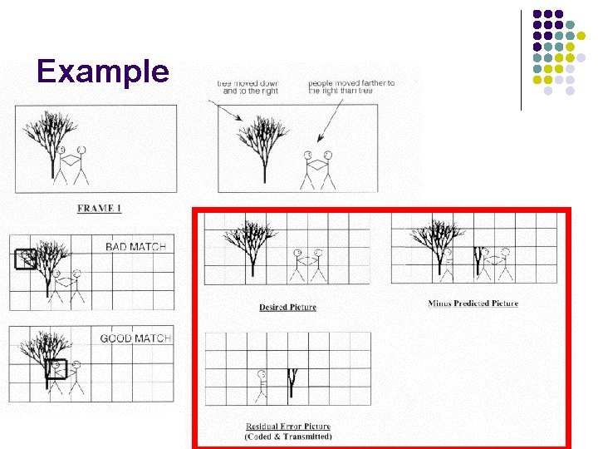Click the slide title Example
pos(103,72)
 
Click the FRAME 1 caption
pos(99,208)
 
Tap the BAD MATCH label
pos(135,246)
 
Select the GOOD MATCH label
pos(135,338)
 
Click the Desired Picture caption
pos(287,308)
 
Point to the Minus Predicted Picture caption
pos(473,303)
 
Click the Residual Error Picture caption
pos(288,427)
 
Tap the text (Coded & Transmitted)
pos(288,437)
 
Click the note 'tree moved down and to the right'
pos(248,86)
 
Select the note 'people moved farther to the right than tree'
pos(351,86)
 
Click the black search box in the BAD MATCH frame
pos(26,259)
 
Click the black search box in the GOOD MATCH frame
pos(56,368)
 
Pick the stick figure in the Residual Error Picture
pos(262,382)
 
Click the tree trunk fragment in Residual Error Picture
pos(292,382)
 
